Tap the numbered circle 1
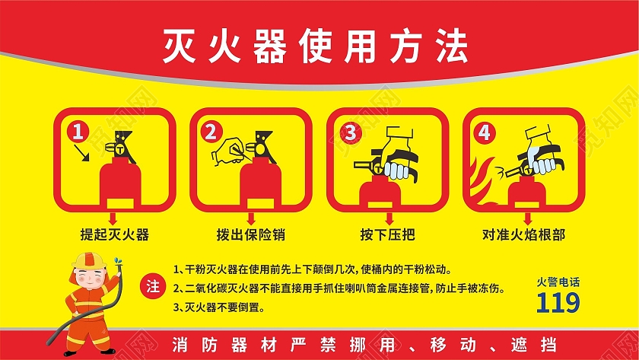[x=77, y=132]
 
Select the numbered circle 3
[x=349, y=132]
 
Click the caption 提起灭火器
[x=114, y=234]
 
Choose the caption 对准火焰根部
[x=523, y=234]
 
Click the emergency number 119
[x=558, y=303]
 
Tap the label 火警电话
[x=558, y=281]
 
